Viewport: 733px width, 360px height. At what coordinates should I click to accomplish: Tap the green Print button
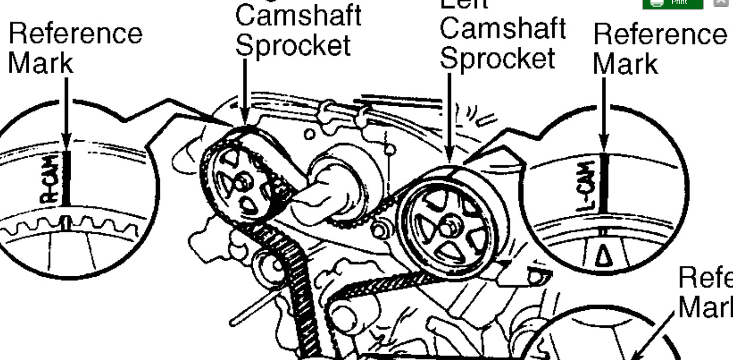pyautogui.click(x=672, y=3)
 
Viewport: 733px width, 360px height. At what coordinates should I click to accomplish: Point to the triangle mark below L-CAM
pyautogui.click(x=603, y=255)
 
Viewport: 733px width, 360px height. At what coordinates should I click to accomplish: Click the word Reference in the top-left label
pyautogui.click(x=75, y=34)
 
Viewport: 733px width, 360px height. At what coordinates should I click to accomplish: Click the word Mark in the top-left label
pyautogui.click(x=40, y=63)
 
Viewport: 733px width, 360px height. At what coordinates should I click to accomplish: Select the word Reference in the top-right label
pyautogui.click(x=659, y=35)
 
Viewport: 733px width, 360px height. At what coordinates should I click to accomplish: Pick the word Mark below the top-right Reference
pyautogui.click(x=625, y=64)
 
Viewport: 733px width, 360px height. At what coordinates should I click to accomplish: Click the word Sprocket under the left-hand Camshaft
pyautogui.click(x=293, y=46)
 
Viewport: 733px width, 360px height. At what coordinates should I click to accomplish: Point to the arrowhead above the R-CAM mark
pyautogui.click(x=67, y=144)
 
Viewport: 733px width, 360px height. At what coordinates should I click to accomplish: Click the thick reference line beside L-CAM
pyautogui.click(x=604, y=183)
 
